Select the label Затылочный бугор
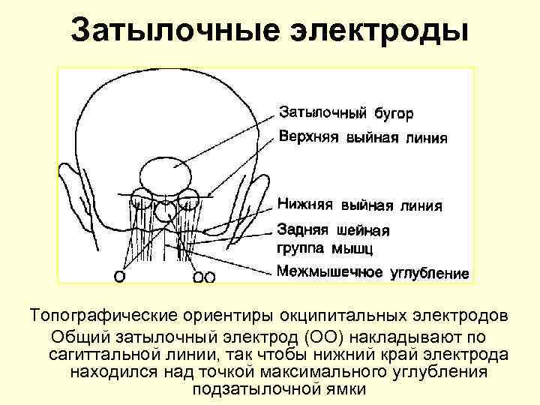point(346,113)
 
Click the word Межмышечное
point(330,271)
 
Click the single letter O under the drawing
point(119,276)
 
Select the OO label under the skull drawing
point(204,277)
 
